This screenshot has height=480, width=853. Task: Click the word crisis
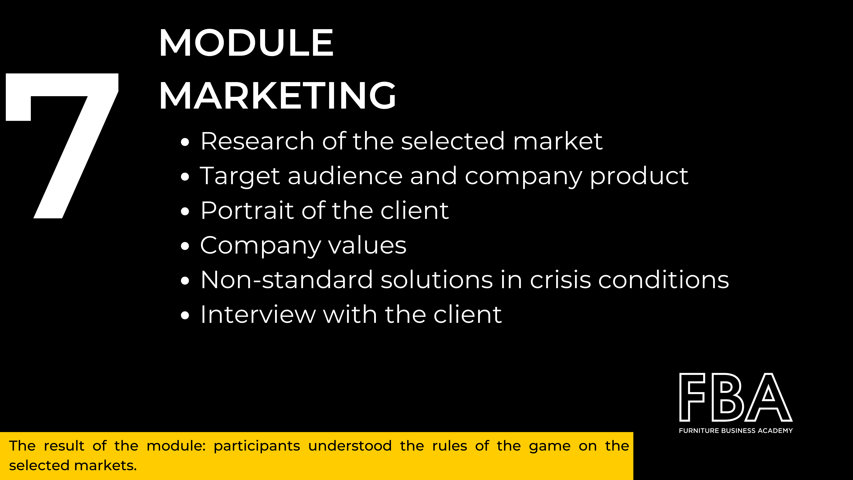click(560, 280)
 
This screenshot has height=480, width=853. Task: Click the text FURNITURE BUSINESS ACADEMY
click(736, 431)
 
